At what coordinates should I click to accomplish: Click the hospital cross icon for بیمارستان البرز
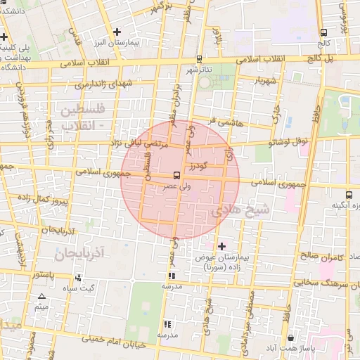[x=117, y=32]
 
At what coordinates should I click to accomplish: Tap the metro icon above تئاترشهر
[x=200, y=59]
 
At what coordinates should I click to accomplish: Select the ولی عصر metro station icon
[x=176, y=175]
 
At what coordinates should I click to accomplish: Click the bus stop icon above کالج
[x=323, y=32]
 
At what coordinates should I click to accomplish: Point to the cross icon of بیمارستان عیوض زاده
[x=222, y=246]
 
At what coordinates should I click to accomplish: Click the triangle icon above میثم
[x=41, y=297]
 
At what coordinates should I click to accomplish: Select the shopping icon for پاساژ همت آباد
[x=290, y=337]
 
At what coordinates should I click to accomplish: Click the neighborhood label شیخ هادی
[x=240, y=209]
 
